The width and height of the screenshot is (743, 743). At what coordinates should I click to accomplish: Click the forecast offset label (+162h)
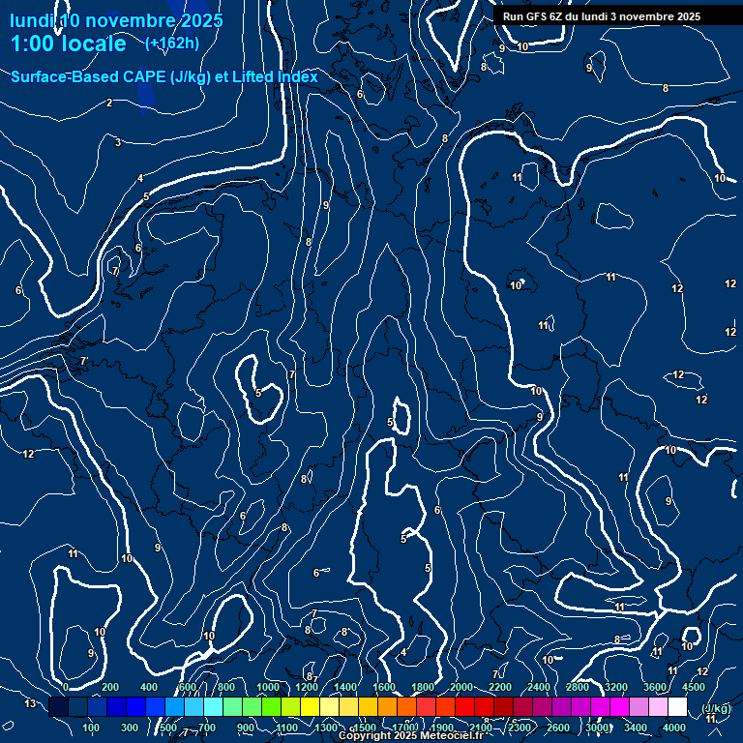click(172, 43)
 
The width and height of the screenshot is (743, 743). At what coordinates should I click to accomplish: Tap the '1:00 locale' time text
click(68, 44)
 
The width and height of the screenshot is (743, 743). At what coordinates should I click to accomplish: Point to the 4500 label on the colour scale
click(694, 687)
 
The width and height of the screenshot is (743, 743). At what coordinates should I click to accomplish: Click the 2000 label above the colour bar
click(461, 687)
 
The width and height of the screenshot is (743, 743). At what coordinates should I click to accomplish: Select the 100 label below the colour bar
click(92, 728)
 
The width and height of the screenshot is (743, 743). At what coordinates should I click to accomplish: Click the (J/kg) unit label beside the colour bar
click(715, 708)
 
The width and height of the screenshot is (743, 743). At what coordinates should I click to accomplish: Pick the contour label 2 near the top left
click(109, 103)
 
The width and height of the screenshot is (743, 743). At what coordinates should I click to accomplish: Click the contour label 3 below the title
click(118, 142)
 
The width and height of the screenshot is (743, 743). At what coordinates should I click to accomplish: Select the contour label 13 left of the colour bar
click(29, 703)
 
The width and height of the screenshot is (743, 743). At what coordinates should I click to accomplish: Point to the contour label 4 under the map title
click(140, 178)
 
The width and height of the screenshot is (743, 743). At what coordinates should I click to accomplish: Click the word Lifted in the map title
click(253, 77)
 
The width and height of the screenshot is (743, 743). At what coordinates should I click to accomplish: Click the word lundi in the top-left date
click(31, 20)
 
